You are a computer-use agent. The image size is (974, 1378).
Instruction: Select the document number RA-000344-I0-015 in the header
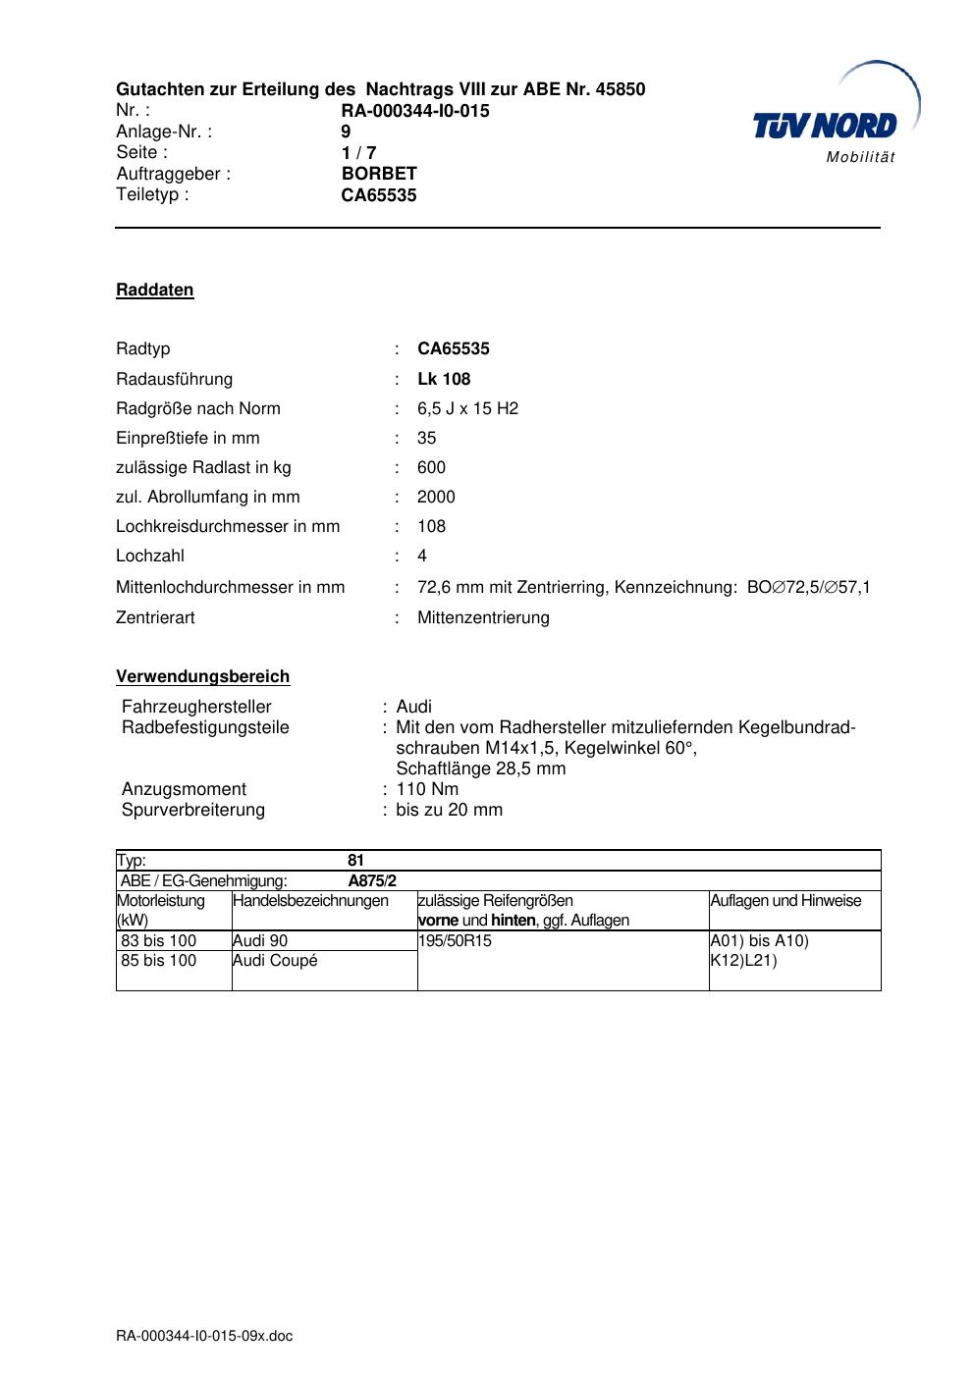415,111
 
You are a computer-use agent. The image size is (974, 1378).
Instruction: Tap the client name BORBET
379,174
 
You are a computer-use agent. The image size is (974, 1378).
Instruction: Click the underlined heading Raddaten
155,290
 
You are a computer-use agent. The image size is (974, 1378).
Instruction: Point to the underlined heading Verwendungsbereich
203,676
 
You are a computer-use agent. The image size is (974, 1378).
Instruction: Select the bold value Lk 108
444,379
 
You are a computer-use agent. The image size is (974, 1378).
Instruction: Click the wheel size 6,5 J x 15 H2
467,408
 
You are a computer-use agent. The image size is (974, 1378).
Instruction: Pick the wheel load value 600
431,467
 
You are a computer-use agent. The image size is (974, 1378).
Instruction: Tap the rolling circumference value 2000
436,497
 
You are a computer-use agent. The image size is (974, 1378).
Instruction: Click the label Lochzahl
150,556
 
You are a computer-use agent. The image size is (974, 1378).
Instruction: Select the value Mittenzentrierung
483,617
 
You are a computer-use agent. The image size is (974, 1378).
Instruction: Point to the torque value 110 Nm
427,789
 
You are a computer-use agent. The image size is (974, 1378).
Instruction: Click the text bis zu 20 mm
449,810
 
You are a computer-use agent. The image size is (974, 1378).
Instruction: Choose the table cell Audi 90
260,940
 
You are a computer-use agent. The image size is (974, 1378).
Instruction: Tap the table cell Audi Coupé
275,960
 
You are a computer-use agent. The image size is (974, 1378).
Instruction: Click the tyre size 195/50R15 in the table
455,940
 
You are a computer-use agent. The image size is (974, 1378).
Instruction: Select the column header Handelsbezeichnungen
310,900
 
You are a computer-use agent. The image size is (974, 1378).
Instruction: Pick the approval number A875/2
372,880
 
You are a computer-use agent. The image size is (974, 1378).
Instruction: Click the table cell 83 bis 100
159,940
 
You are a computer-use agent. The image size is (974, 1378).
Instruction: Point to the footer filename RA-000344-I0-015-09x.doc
204,1336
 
